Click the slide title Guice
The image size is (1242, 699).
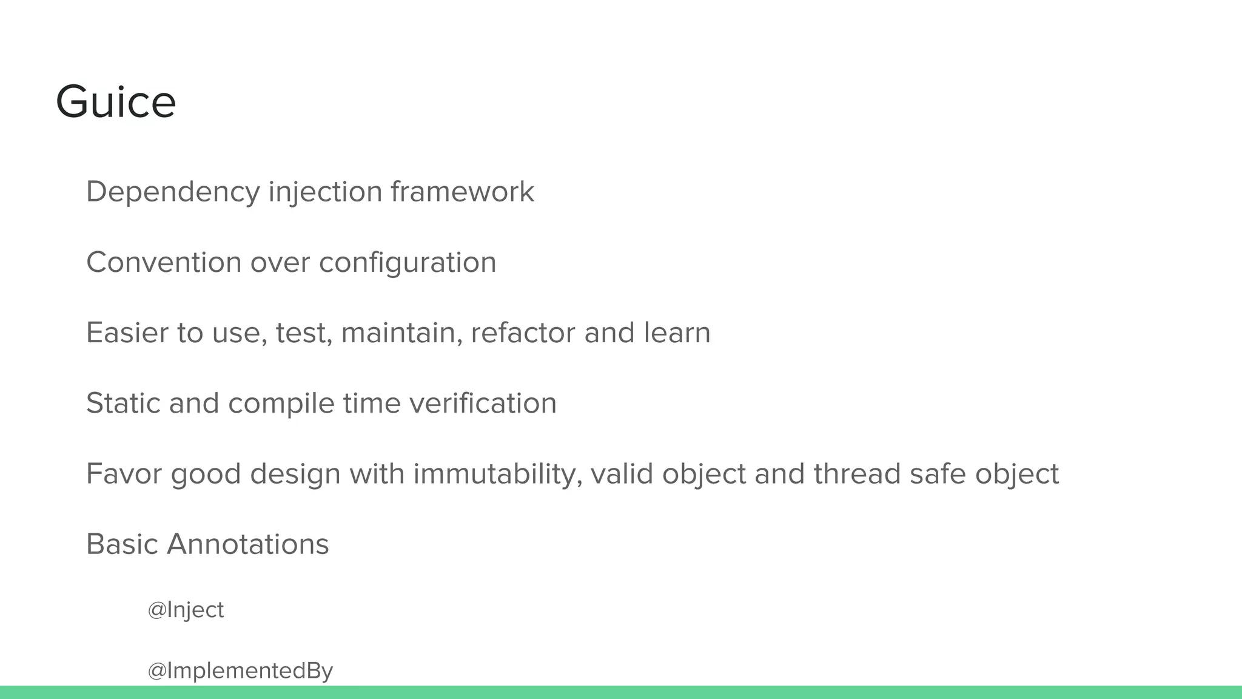point(115,102)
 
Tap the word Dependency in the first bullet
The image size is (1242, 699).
point(173,192)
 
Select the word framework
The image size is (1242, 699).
point(462,192)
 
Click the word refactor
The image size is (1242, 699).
point(522,333)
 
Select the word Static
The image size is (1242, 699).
point(123,404)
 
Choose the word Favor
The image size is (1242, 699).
point(124,474)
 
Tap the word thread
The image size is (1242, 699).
point(857,474)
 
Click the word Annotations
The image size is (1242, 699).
point(247,544)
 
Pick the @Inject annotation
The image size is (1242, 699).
point(186,610)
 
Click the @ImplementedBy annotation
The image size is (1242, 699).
point(240,671)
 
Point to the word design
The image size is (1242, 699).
point(295,474)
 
